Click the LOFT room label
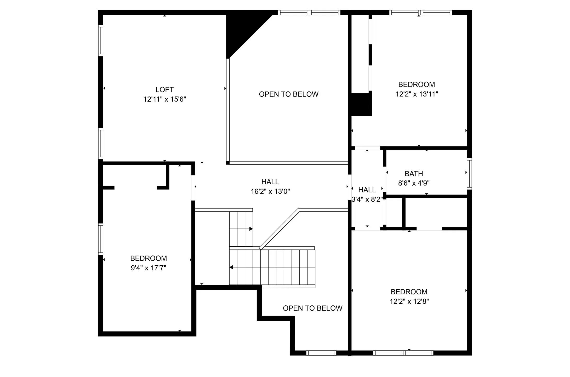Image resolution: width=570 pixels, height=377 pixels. click(x=164, y=90)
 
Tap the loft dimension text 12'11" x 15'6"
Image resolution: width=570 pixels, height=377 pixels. click(x=164, y=99)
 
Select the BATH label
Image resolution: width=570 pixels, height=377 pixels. click(x=414, y=174)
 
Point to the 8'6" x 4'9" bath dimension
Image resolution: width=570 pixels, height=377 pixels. click(x=414, y=183)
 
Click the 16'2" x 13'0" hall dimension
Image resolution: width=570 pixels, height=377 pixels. click(x=270, y=192)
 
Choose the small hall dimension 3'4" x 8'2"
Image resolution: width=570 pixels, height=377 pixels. click(x=367, y=199)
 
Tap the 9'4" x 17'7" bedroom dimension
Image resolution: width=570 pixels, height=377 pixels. click(x=149, y=268)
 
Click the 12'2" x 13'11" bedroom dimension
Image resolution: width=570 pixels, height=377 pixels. click(x=417, y=94)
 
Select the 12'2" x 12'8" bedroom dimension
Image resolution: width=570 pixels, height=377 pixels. click(x=409, y=301)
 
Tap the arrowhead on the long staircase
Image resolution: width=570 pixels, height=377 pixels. click(x=231, y=267)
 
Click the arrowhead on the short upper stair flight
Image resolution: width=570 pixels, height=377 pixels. click(x=251, y=229)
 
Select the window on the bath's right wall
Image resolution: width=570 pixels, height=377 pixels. click(x=469, y=174)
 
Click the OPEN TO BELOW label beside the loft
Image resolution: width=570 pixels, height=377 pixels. click(x=289, y=94)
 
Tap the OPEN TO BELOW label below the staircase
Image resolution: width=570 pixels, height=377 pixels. click(x=312, y=308)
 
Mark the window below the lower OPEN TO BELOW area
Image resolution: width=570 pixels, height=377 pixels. click(x=321, y=353)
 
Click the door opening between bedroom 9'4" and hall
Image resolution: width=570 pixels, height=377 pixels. click(x=193, y=187)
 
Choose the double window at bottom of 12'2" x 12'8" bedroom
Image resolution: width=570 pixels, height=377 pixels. click(x=403, y=353)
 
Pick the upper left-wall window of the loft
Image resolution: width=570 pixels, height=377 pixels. click(x=101, y=40)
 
